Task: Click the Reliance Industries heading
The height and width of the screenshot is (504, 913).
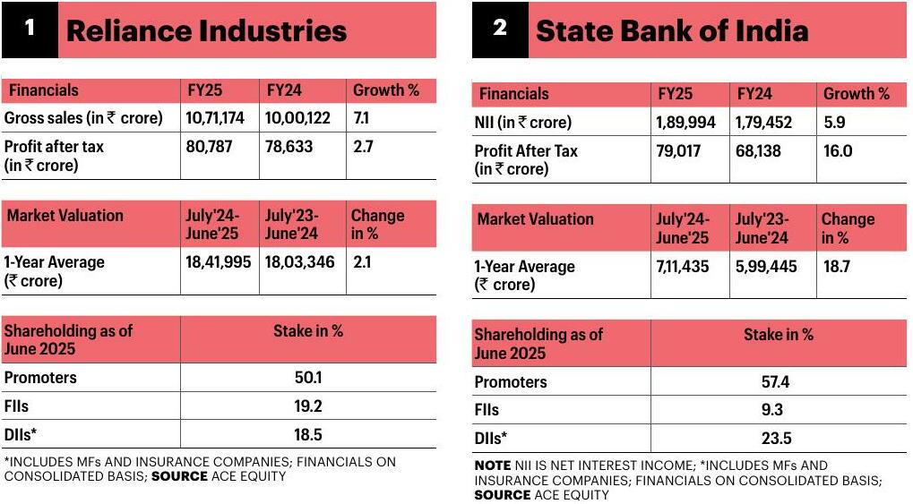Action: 207,30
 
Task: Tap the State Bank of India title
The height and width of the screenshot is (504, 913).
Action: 672,30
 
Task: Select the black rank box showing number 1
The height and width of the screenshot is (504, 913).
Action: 30,30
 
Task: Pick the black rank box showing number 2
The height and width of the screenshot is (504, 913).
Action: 500,30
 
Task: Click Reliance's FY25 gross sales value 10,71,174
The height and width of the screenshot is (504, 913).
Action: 215,118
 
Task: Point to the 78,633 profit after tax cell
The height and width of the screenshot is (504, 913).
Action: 289,146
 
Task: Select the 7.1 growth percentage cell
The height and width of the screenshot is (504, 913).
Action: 361,118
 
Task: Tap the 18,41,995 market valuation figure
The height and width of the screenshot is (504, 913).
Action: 219,262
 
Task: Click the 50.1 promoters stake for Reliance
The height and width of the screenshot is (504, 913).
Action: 308,377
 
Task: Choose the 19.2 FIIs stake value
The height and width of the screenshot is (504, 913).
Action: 308,406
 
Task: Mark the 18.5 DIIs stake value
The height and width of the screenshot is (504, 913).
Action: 308,434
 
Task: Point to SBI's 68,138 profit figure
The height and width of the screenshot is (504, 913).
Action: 758,150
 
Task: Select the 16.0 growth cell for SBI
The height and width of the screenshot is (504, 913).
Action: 838,150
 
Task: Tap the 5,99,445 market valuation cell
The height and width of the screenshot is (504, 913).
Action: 766,267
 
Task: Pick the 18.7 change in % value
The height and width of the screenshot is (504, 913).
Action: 837,267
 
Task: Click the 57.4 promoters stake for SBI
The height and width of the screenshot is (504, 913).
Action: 776,381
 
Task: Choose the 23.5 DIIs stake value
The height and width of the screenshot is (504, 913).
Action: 776,439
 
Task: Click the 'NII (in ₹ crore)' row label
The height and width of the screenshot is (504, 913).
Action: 523,123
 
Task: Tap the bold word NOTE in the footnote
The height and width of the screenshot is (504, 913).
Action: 493,466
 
